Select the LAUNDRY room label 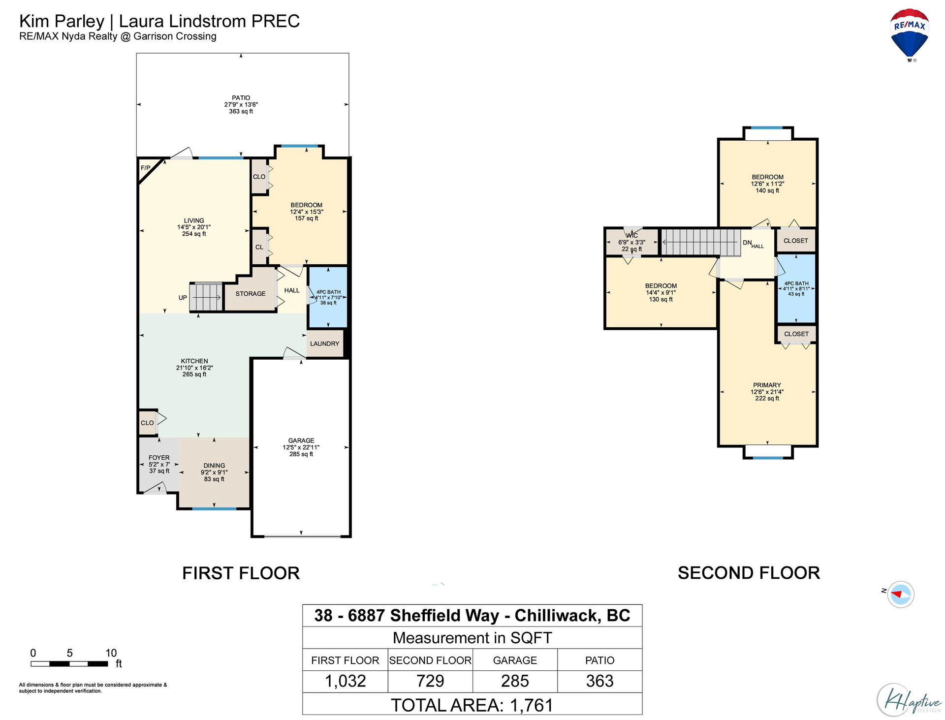click(x=324, y=344)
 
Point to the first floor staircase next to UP click(x=206, y=297)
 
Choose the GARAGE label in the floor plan click(x=301, y=440)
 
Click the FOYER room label click(x=159, y=458)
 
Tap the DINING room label click(x=214, y=466)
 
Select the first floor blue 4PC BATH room click(x=328, y=297)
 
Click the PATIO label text click(x=241, y=98)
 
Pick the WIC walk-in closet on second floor click(x=632, y=242)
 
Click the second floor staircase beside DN click(x=700, y=242)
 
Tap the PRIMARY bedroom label click(x=767, y=385)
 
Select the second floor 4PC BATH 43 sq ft click(x=796, y=289)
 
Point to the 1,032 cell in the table click(x=345, y=681)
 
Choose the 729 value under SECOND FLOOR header click(x=430, y=681)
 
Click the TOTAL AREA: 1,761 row click(x=472, y=704)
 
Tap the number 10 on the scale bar click(x=111, y=653)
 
